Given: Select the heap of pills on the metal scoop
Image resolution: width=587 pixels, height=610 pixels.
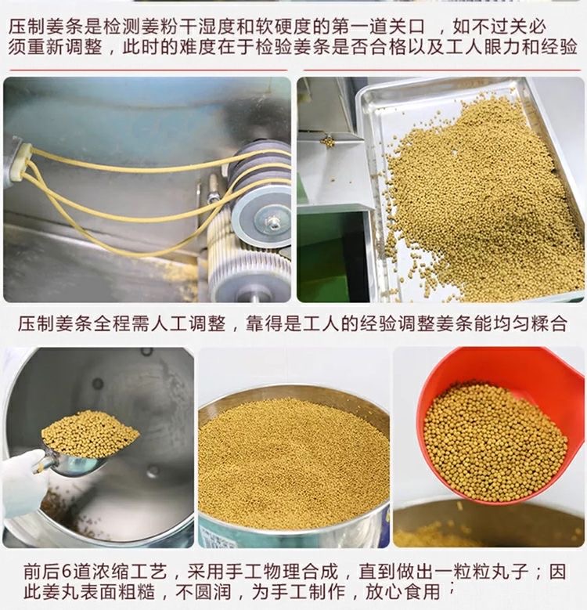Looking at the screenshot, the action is (89, 434).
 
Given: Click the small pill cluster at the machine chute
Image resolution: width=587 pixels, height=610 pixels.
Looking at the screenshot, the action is (329, 142).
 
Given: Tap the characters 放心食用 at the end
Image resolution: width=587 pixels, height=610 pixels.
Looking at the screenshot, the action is (402, 592).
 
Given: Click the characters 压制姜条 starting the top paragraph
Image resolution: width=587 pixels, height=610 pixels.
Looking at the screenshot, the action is (46, 27).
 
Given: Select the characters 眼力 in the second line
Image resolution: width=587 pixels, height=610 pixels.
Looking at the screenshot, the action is (503, 48).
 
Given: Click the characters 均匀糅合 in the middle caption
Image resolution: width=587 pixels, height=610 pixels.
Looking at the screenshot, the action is (528, 323).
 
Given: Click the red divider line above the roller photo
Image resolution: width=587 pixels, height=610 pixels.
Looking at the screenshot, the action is (149, 70).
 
